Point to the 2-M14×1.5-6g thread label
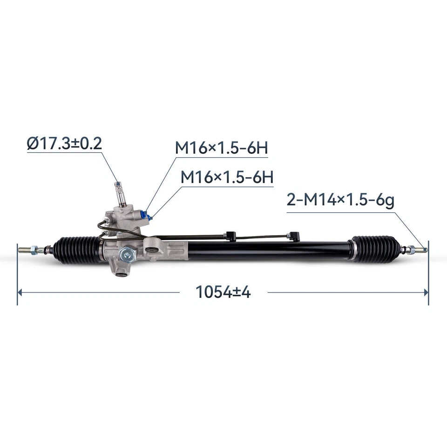(340, 201)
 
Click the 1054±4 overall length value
(223, 292)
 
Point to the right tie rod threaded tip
(422, 249)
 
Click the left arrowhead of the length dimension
(20, 292)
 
